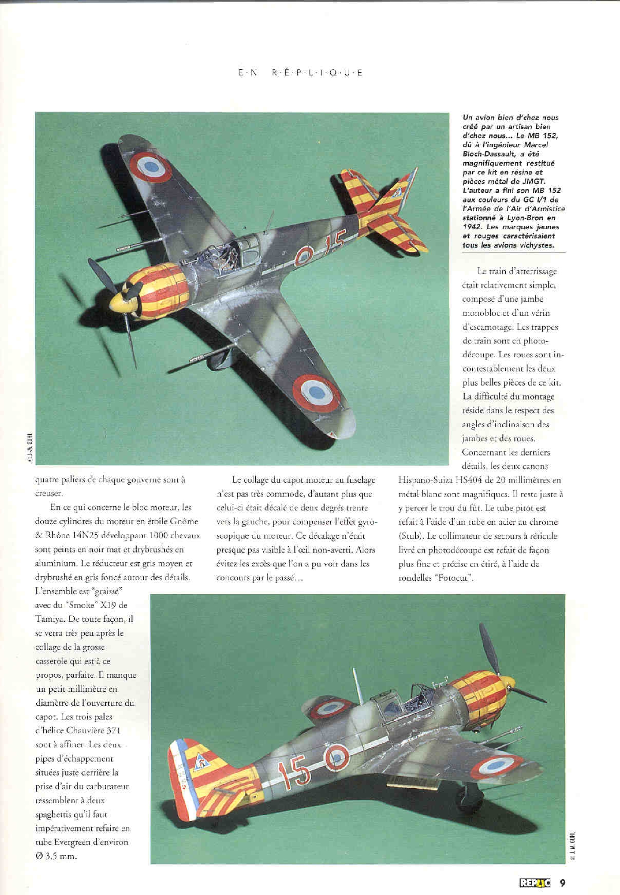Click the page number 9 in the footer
pos(562,872)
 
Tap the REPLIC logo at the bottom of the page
pos(534,872)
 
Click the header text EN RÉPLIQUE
pos(300,72)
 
